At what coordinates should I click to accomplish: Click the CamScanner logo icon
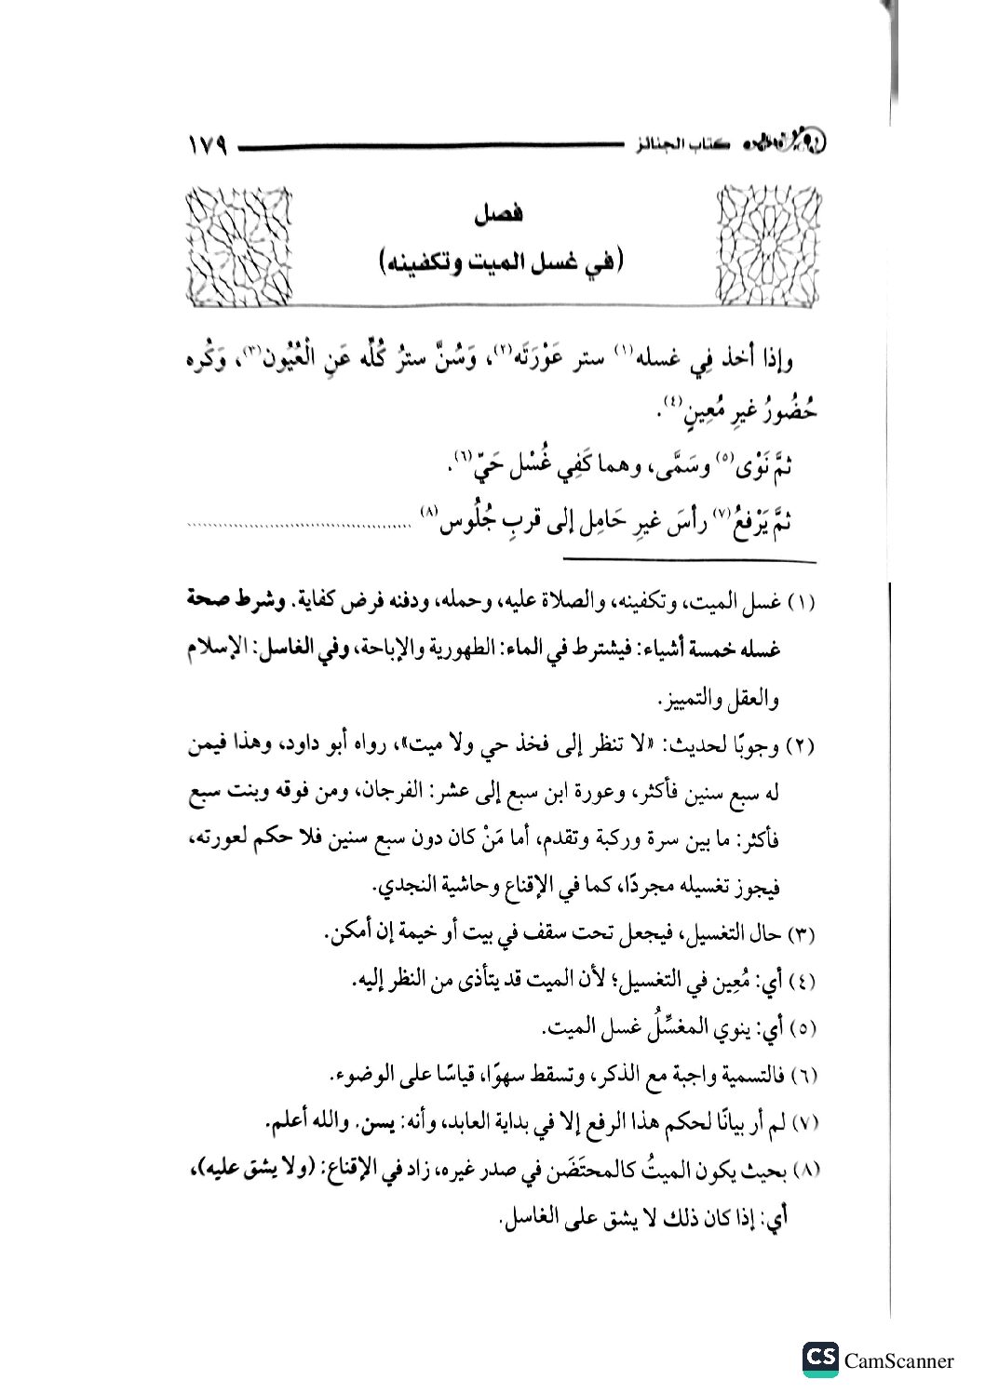pyautogui.click(x=820, y=1359)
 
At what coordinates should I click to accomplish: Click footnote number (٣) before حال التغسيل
pyautogui.click(x=801, y=933)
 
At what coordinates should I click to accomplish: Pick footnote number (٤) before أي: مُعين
pyautogui.click(x=801, y=982)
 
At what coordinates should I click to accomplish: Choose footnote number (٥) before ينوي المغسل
pyautogui.click(x=801, y=1029)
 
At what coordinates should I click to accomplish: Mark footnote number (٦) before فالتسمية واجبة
pyautogui.click(x=801, y=1077)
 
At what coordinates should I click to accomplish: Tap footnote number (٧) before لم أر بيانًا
pyautogui.click(x=801, y=1124)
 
